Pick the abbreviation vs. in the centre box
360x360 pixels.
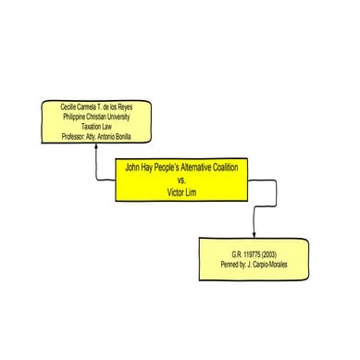coord(182,182)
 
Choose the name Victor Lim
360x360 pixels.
coord(182,192)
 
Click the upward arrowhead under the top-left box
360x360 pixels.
coord(95,147)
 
